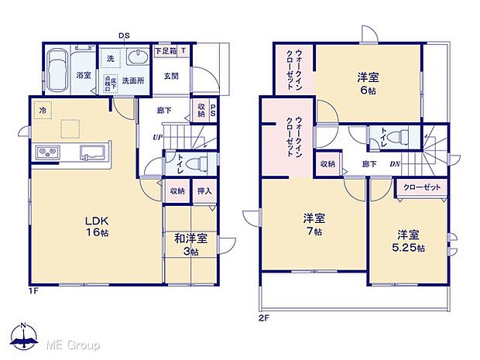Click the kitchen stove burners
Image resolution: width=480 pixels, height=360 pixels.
(x=46, y=152)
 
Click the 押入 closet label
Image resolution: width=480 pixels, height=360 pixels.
(x=204, y=190)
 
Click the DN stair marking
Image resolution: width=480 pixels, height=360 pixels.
(x=394, y=163)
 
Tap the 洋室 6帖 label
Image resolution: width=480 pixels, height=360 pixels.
(x=369, y=82)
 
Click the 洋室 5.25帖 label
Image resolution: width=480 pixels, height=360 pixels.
(x=410, y=241)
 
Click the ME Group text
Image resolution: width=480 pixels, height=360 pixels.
(x=75, y=343)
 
